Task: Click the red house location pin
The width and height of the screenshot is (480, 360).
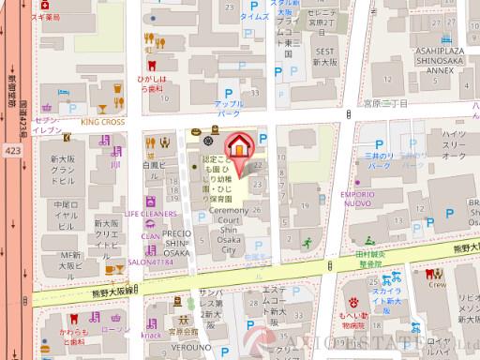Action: click(x=241, y=147)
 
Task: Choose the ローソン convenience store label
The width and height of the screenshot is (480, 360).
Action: click(x=115, y=329)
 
